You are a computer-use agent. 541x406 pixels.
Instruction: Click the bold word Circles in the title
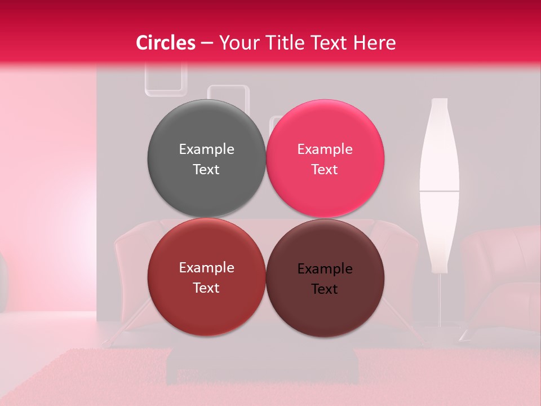coord(166,43)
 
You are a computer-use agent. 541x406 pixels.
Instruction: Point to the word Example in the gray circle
coord(206,149)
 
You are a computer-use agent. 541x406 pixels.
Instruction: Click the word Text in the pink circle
coord(325,170)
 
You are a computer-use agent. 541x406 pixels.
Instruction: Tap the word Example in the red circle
coord(206,268)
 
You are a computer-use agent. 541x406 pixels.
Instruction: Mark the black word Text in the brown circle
coord(325,289)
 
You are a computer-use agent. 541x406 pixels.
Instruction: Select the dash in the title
coord(207,43)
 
